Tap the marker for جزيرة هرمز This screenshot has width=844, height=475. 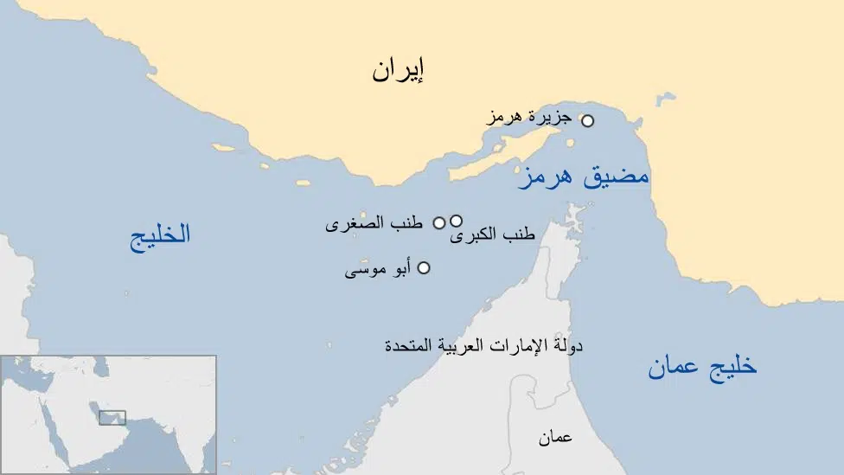pos(587,121)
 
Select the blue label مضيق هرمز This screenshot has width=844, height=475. pos(583,177)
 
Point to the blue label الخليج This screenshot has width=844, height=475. pos(160,235)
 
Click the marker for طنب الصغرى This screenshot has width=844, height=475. pos(439,222)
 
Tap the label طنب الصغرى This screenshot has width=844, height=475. pos(374,223)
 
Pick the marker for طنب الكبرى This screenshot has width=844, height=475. pos(456,221)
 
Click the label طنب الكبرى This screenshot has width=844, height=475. pos(492,235)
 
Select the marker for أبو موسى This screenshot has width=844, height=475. pos(424,268)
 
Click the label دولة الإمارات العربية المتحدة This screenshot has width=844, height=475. pos(483,345)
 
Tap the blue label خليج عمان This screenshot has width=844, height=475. pos(702,367)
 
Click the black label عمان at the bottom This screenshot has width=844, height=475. pos(555,438)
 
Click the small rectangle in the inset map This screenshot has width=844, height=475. pos(112,418)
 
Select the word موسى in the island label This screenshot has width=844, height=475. pos(362,271)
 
